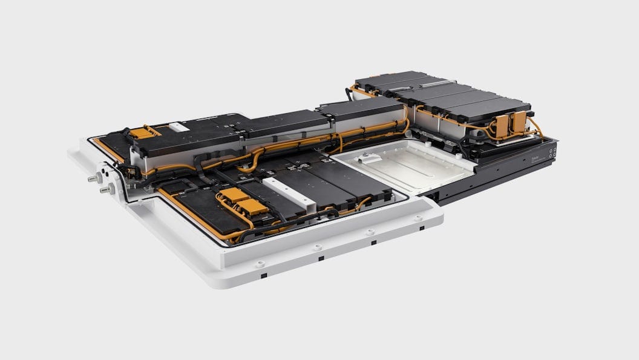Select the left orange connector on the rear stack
coord(502,126)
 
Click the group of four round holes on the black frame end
coord(551,149)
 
